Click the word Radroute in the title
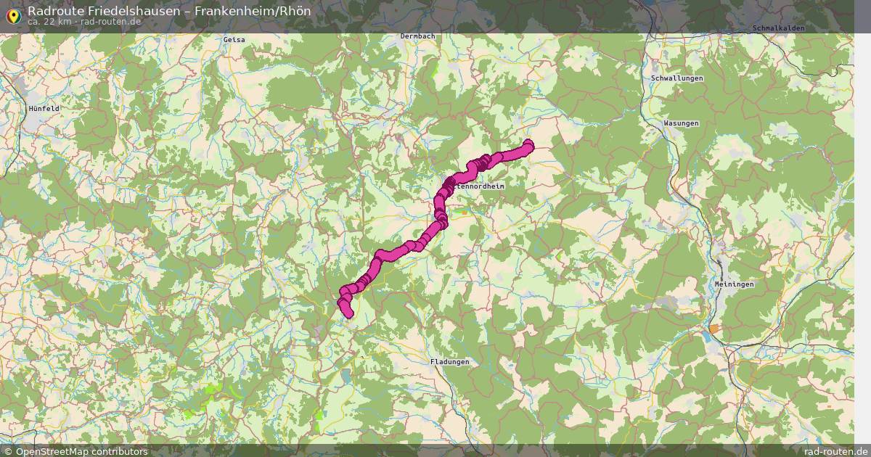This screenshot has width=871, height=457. point(52,11)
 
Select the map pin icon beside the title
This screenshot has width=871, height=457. point(12,14)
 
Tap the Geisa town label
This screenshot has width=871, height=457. point(234,39)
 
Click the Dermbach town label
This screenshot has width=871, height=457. point(417,36)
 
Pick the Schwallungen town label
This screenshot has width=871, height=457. point(677,78)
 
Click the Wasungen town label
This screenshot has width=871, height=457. point(681,123)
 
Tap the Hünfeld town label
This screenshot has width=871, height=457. point(44,108)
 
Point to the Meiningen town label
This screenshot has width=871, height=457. point(734,284)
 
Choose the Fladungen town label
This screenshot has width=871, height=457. point(449,361)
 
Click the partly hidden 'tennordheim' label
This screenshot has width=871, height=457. point(481,186)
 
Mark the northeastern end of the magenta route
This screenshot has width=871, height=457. point(528,145)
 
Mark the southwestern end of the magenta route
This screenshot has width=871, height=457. point(348,314)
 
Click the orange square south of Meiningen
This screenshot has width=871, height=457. point(715,329)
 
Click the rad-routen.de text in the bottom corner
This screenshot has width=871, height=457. point(836,451)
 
